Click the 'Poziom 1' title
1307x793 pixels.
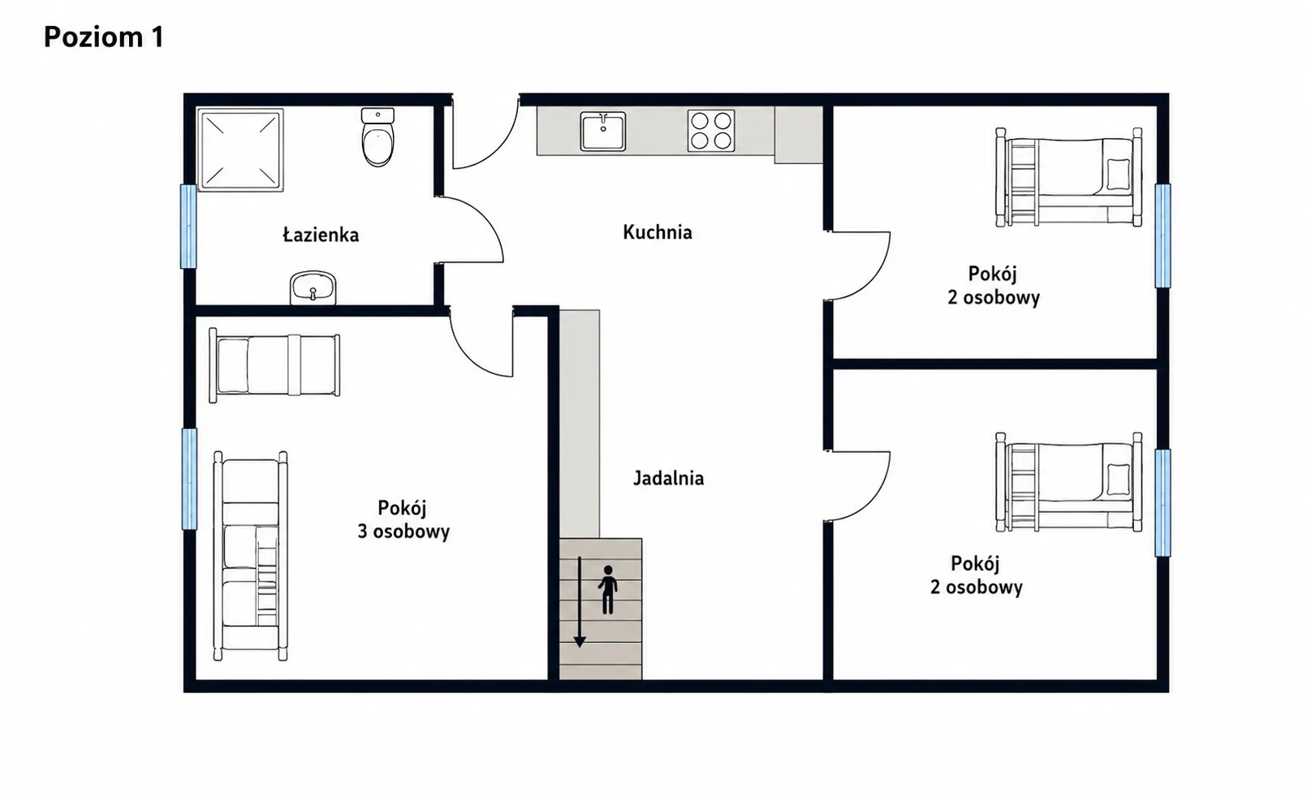click(104, 37)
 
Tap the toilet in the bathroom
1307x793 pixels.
click(377, 137)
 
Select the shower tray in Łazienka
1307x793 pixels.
click(240, 150)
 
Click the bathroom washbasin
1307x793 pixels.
click(313, 287)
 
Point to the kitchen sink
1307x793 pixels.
click(602, 131)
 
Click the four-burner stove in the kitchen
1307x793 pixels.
click(710, 131)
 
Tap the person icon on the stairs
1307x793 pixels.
click(608, 589)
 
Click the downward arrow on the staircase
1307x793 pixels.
click(580, 602)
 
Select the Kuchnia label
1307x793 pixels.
click(657, 232)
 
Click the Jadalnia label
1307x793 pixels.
click(669, 479)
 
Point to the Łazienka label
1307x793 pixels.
click(321, 235)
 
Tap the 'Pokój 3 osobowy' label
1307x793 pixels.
click(403, 519)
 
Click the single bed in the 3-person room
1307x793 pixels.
click(275, 365)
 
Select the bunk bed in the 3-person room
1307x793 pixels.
click(250, 555)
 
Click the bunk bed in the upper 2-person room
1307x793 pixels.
click(1068, 178)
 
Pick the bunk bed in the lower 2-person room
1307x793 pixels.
click(1068, 482)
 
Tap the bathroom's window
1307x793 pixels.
click(188, 226)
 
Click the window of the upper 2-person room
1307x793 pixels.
click(1162, 235)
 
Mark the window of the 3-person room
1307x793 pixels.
click(189, 479)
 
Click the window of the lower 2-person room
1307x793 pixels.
click(1162, 503)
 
